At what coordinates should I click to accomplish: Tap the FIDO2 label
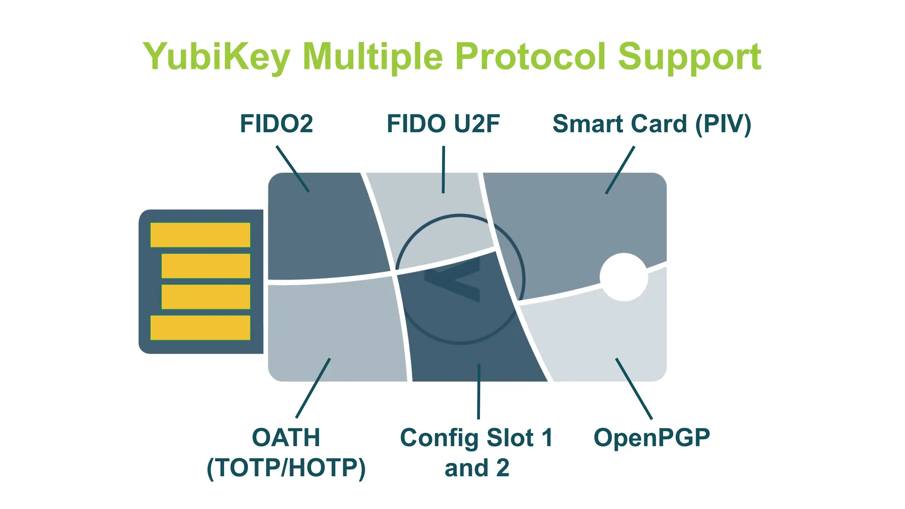pos(276,124)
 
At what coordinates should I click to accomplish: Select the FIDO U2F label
pos(443,124)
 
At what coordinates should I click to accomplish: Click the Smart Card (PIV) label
pos(651,124)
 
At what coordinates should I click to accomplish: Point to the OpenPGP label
pos(651,438)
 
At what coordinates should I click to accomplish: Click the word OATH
pos(286,438)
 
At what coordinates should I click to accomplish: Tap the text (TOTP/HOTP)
pos(286,468)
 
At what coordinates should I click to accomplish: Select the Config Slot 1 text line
pos(476,438)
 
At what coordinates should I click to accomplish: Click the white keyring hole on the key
pos(624,277)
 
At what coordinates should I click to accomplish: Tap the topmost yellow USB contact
pos(200,235)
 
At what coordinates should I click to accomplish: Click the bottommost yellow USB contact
pos(200,327)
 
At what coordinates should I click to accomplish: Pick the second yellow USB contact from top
pos(205,266)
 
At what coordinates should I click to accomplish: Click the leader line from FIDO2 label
pos(293,169)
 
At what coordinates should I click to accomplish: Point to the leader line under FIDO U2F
pos(443,170)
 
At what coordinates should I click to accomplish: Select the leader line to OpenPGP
pos(634,388)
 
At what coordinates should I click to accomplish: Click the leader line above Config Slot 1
pos(479,391)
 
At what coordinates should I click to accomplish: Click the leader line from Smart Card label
pos(620,170)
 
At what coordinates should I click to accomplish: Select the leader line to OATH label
pos(313,388)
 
